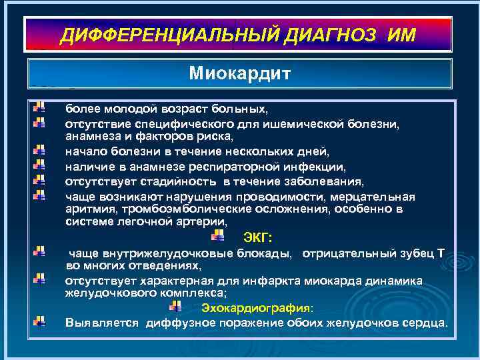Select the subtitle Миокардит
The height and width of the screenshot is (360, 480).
(x=239, y=72)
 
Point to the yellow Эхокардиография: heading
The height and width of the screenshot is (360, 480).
(x=256, y=307)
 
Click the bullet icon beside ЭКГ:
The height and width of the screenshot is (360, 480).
(x=217, y=236)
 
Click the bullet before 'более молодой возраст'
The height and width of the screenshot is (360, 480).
(x=39, y=107)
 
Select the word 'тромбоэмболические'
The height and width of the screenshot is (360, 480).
(x=175, y=209)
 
